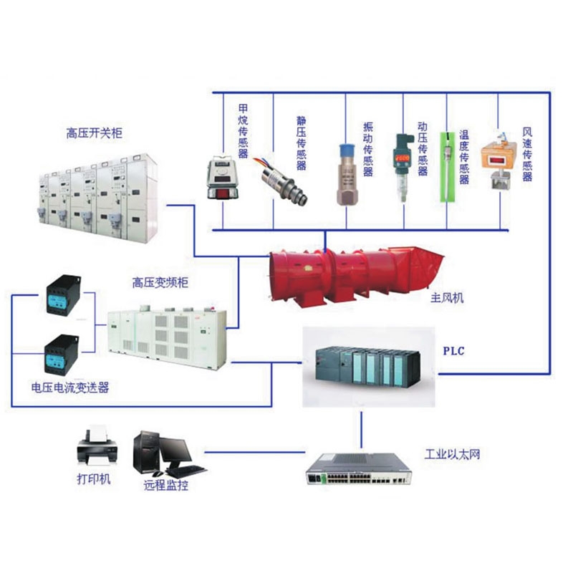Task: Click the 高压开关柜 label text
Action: (94, 134)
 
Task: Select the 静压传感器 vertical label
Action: (302, 143)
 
